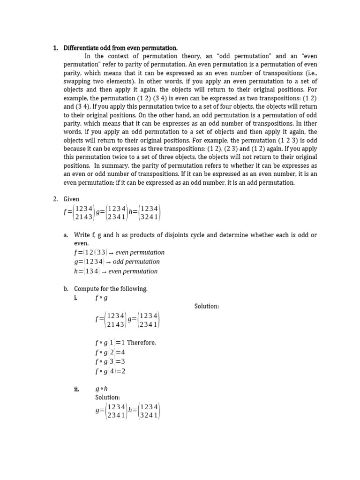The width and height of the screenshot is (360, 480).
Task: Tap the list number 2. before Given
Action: point(55,199)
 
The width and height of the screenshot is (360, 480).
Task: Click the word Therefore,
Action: point(142,343)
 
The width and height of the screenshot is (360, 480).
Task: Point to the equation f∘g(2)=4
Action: point(110,352)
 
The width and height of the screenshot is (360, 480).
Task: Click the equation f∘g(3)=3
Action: point(110,361)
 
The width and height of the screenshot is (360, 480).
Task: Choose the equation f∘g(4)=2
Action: point(110,371)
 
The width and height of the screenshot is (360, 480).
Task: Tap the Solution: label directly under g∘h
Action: point(107,397)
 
